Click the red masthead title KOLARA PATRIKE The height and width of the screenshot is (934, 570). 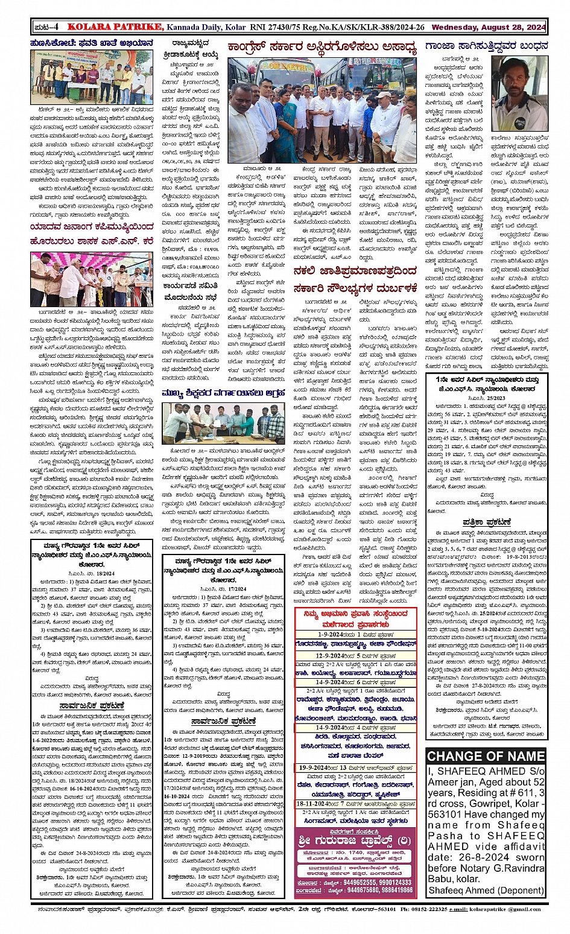(115, 27)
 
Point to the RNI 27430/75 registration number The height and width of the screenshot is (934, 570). (274, 27)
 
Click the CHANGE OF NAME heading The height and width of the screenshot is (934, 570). (486, 756)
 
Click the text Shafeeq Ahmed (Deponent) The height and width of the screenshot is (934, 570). (486, 890)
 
